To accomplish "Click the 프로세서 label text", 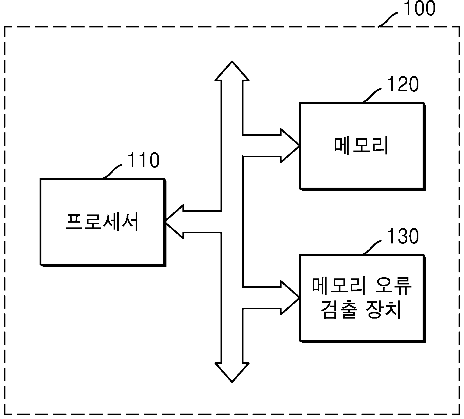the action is [102, 222].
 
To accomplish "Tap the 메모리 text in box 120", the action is [361, 146].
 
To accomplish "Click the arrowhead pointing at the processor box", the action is [175, 222].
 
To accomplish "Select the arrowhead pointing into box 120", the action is [290, 146].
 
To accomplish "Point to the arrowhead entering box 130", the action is [290, 298].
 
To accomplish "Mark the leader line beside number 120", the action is [372, 95].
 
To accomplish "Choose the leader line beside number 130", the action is [372, 247].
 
